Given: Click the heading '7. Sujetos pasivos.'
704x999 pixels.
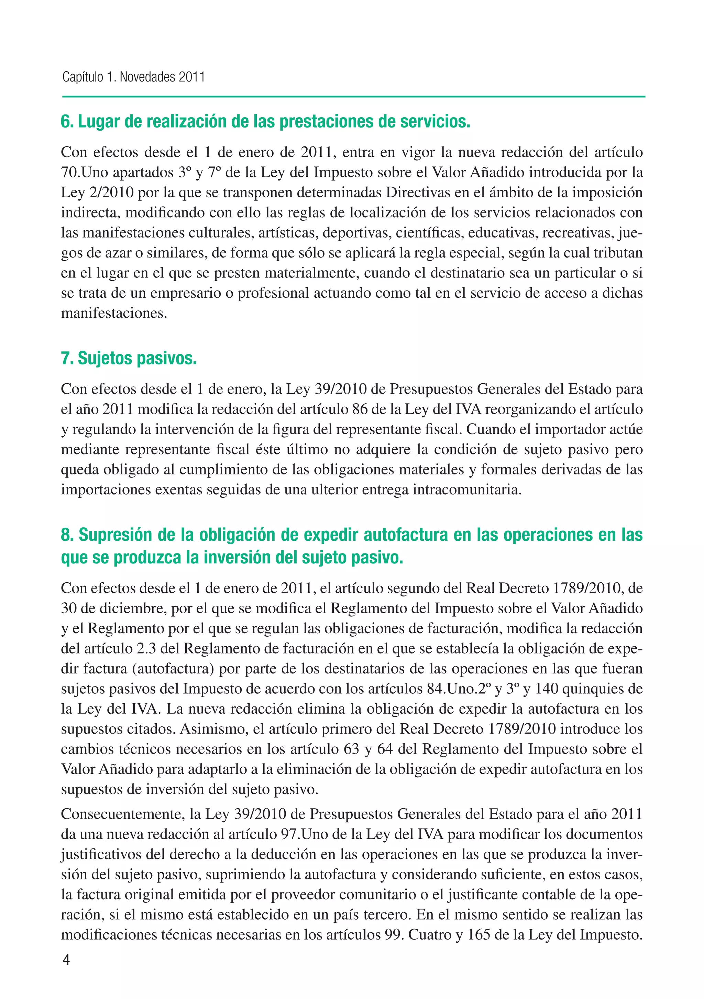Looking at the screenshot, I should (x=129, y=358).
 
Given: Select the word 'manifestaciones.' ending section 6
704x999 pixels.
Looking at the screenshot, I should (x=114, y=313).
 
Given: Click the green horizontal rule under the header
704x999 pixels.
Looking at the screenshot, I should (x=353, y=97).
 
